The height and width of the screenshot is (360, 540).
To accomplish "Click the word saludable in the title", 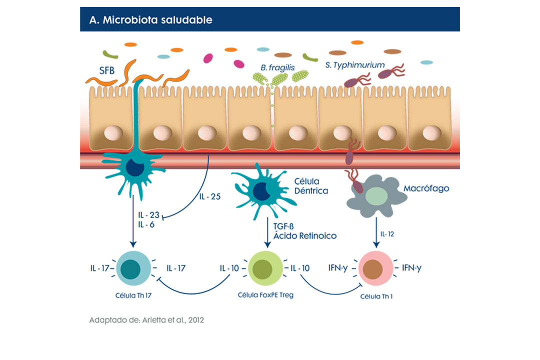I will point(188,20).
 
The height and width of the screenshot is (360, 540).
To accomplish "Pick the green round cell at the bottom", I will point(265,268).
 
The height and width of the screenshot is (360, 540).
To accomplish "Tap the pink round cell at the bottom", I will point(376,268).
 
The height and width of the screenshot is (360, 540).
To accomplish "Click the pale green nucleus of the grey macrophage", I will point(373,195).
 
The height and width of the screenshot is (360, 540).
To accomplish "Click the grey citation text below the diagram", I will point(146,320).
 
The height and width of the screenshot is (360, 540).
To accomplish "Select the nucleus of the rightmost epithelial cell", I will point(431,132).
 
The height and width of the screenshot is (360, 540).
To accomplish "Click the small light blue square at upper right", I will point(426,65).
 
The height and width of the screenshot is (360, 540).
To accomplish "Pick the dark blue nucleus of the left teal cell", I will point(134,168).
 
